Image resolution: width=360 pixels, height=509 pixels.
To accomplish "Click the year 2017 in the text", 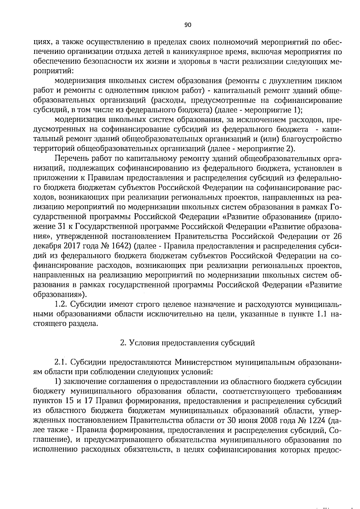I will tap(72, 246).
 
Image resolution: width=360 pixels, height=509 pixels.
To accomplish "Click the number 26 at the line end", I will tap(337, 236).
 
